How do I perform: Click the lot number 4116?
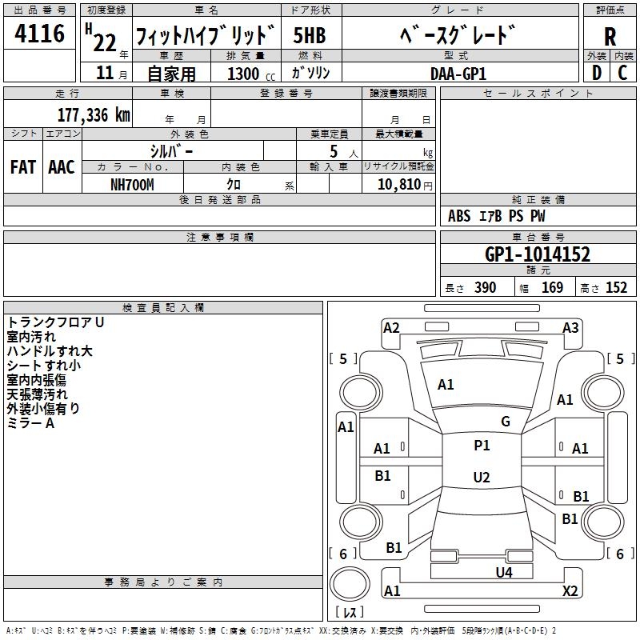pyautogui.click(x=40, y=34)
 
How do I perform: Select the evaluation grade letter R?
pyautogui.click(x=610, y=36)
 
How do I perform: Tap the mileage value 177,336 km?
pyautogui.click(x=94, y=115)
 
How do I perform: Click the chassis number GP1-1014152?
pyautogui.click(x=538, y=254)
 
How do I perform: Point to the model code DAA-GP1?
pyautogui.click(x=458, y=73)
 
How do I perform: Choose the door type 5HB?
pyautogui.click(x=310, y=36)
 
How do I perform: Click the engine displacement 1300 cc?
pyautogui.click(x=244, y=74)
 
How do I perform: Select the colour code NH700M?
pyautogui.click(x=132, y=184)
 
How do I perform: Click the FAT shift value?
pyautogui.click(x=22, y=167)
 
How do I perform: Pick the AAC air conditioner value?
pyautogui.click(x=61, y=167)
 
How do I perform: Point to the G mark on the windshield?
pyautogui.click(x=505, y=422)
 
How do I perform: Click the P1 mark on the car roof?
pyautogui.click(x=482, y=446)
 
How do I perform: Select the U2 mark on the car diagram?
pyautogui.click(x=481, y=478)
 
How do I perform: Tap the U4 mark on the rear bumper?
pyautogui.click(x=503, y=572)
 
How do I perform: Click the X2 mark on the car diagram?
pyautogui.click(x=570, y=591)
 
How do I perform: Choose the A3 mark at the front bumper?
pyautogui.click(x=570, y=327)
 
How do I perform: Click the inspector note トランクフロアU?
pyautogui.click(x=56, y=322)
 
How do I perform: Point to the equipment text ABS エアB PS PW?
pyautogui.click(x=497, y=216)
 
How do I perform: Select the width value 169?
pyautogui.click(x=552, y=288)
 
